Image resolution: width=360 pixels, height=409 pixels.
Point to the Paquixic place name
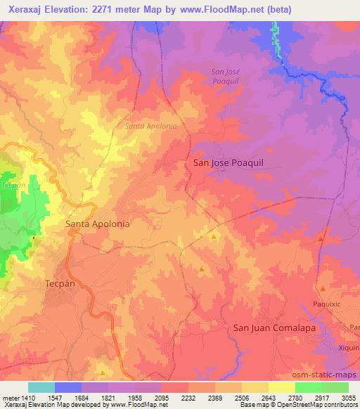327,304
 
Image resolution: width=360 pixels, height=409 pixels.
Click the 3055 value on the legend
349,398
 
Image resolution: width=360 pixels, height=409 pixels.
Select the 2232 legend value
188,398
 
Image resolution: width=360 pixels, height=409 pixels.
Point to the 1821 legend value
108,398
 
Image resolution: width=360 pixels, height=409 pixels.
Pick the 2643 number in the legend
269,398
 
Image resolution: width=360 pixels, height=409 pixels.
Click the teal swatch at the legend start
41,387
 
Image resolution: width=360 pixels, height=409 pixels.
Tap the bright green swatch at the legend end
335,387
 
